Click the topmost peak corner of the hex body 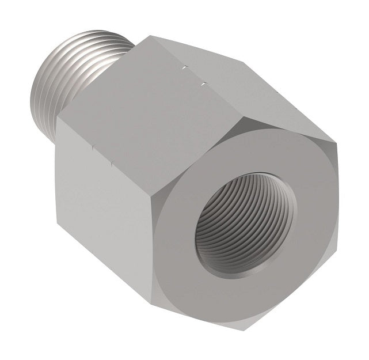coord(149,36)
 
